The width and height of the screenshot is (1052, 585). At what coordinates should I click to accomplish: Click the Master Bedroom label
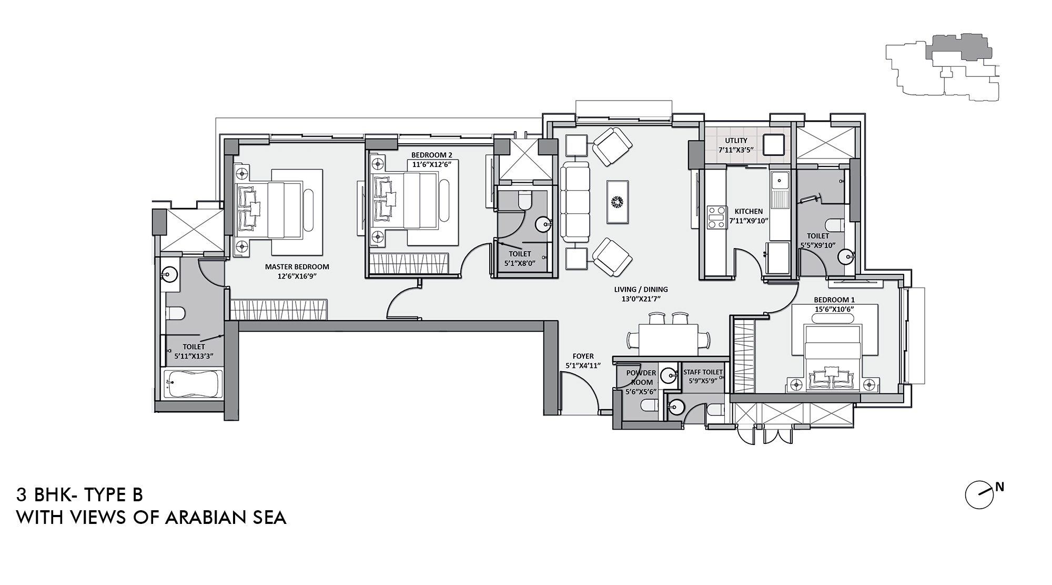297,266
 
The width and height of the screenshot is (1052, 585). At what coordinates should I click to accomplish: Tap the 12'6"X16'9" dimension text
297,275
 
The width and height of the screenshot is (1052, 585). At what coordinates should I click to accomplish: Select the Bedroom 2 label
431,155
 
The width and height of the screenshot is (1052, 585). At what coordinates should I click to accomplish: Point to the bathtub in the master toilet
192,383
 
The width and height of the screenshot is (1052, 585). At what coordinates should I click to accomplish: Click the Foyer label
583,356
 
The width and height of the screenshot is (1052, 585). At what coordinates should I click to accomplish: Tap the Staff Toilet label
703,372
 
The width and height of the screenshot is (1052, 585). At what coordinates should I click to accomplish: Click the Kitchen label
748,212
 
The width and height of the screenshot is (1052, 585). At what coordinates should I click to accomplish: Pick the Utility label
736,141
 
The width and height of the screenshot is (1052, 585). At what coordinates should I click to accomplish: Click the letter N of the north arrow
999,488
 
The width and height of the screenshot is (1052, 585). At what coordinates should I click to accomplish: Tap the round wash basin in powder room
668,376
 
